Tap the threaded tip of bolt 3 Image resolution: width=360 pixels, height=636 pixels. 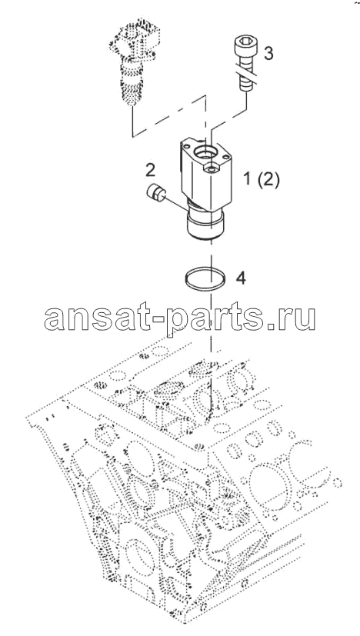(x=245, y=86)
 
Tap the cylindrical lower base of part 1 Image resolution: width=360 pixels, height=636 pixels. (x=205, y=228)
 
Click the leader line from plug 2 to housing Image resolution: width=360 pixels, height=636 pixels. (x=176, y=204)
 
